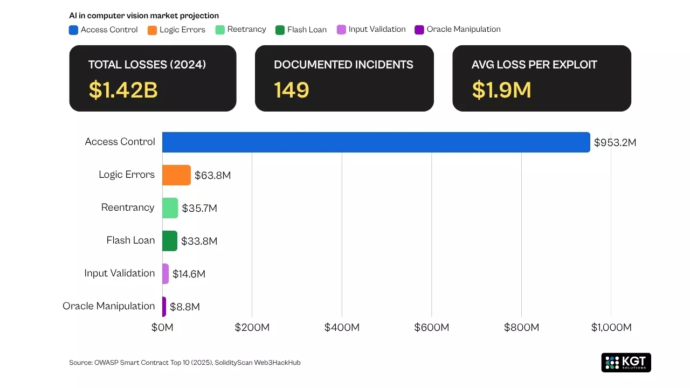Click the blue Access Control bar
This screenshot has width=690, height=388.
(x=376, y=142)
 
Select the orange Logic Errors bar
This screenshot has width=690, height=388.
(x=176, y=175)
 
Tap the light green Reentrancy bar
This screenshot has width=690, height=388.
(x=170, y=208)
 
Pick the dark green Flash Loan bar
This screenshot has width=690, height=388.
(x=170, y=241)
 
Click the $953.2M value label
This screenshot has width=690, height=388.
(x=615, y=143)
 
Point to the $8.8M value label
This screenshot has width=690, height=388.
(x=185, y=307)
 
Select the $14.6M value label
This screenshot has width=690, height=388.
(x=189, y=274)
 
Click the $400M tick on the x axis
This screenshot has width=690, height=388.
(x=342, y=328)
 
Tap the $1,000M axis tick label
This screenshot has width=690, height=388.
(x=611, y=328)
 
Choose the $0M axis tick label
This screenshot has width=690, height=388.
(x=162, y=328)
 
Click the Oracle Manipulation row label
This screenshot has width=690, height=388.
(x=109, y=306)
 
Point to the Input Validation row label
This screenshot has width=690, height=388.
(x=120, y=273)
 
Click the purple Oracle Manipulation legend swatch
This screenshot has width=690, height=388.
(x=419, y=30)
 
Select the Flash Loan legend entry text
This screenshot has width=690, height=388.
(x=307, y=30)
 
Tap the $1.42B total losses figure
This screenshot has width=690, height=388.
(x=123, y=90)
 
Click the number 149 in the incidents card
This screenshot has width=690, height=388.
(x=292, y=90)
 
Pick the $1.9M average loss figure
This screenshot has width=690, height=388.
(x=501, y=90)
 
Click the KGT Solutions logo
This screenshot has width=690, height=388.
(x=626, y=363)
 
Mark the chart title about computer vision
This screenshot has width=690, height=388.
(x=144, y=16)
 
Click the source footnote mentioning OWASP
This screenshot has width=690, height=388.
(x=185, y=363)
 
